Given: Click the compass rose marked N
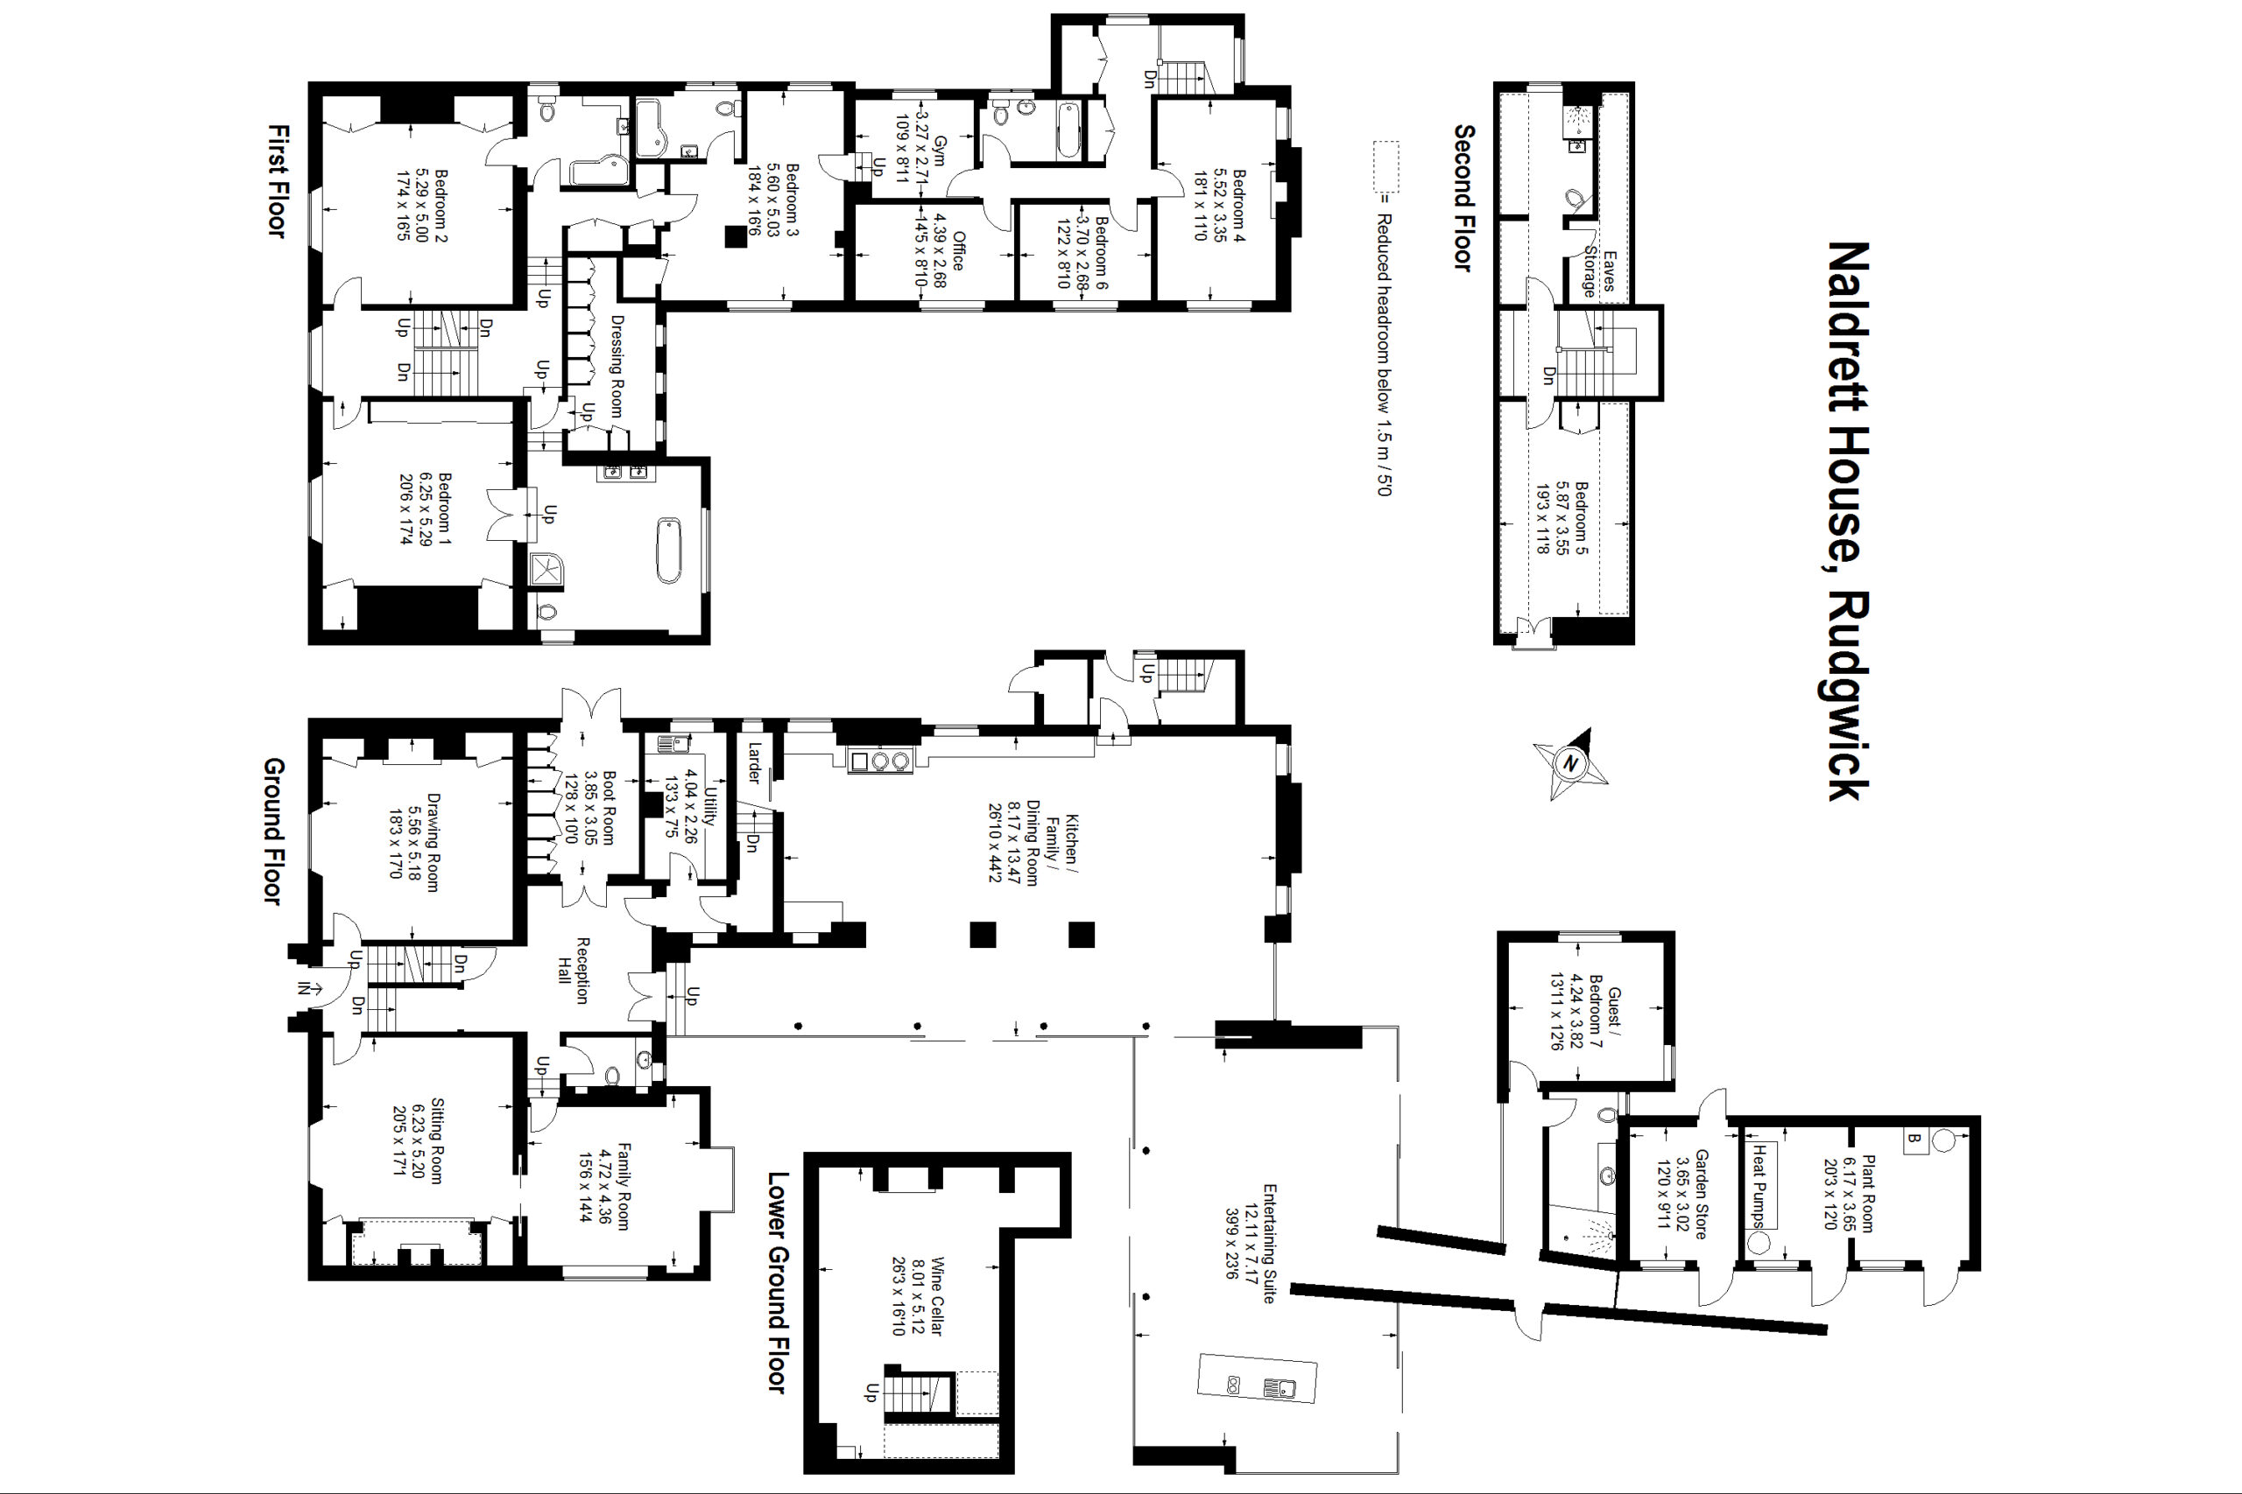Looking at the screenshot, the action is pos(1570,764).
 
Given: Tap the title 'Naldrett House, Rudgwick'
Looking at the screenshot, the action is pos(1847,521).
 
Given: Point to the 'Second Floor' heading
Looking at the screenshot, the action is pos(1464,198).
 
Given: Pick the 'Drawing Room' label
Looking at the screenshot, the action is pos(432,842).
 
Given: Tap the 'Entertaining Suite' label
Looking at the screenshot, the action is pos(1269,1244).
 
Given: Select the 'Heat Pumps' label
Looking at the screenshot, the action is pos(1759,1186).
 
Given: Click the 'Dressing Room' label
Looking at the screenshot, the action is pos(616,366).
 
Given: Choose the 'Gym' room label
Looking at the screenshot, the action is pos(940,151).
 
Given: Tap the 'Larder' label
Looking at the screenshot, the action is pos(754,763).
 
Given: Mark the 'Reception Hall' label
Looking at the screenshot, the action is pos(573,971).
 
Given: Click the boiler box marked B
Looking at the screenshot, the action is pos(1912,1140).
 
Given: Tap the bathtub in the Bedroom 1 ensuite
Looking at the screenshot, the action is pos(669,550).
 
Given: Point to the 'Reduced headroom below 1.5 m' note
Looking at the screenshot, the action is pos(1382,354).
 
